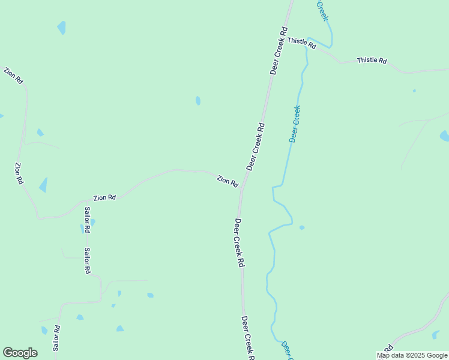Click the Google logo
(20, 353)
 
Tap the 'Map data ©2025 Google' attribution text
(412, 355)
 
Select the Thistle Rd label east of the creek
(372, 61)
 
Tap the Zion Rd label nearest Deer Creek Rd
(228, 181)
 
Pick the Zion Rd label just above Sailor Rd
(104, 197)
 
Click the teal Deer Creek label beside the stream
(295, 124)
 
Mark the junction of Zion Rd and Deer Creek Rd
(241, 191)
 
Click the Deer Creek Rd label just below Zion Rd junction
(240, 242)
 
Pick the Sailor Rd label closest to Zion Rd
(87, 220)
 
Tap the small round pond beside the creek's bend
(302, 227)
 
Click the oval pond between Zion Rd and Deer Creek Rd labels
(198, 101)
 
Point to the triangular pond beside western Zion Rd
(43, 185)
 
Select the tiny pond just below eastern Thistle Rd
(414, 91)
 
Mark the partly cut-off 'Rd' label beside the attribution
(388, 349)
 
